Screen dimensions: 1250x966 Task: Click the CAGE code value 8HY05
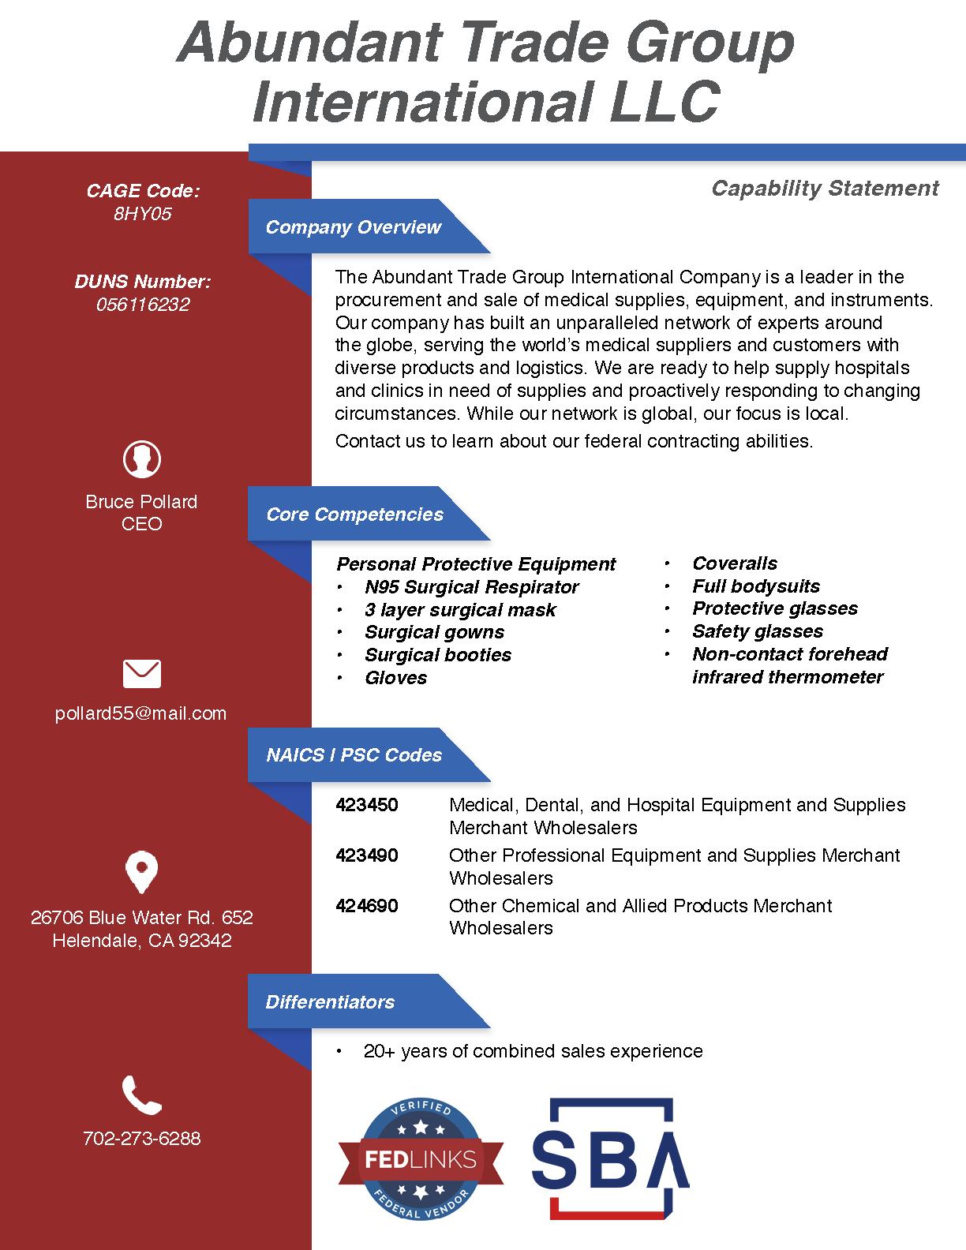tap(142, 214)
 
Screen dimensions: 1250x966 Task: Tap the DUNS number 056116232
tap(143, 305)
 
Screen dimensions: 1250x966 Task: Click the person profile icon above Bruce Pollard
tap(142, 458)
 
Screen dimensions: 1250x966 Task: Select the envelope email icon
tap(142, 673)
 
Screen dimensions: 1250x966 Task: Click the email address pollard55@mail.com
tap(141, 713)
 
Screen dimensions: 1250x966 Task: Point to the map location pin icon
tap(142, 872)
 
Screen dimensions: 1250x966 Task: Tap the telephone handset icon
tap(142, 1095)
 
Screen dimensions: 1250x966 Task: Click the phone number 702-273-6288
tap(142, 1138)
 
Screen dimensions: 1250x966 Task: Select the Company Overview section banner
tap(354, 227)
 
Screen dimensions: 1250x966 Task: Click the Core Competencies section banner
tap(355, 515)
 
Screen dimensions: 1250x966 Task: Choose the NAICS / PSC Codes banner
tap(354, 755)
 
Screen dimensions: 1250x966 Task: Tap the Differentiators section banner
tap(330, 1002)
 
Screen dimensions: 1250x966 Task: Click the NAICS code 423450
tap(367, 805)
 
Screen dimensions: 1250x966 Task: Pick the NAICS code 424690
tap(367, 905)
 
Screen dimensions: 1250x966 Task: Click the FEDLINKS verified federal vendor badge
tap(421, 1158)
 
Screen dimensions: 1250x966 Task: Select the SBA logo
tap(610, 1156)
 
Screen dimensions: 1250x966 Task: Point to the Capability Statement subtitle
tap(825, 188)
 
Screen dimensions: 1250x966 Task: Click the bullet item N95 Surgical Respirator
tap(471, 587)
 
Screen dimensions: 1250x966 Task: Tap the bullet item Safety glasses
tap(758, 631)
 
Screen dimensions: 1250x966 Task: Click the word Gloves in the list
tap(395, 678)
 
